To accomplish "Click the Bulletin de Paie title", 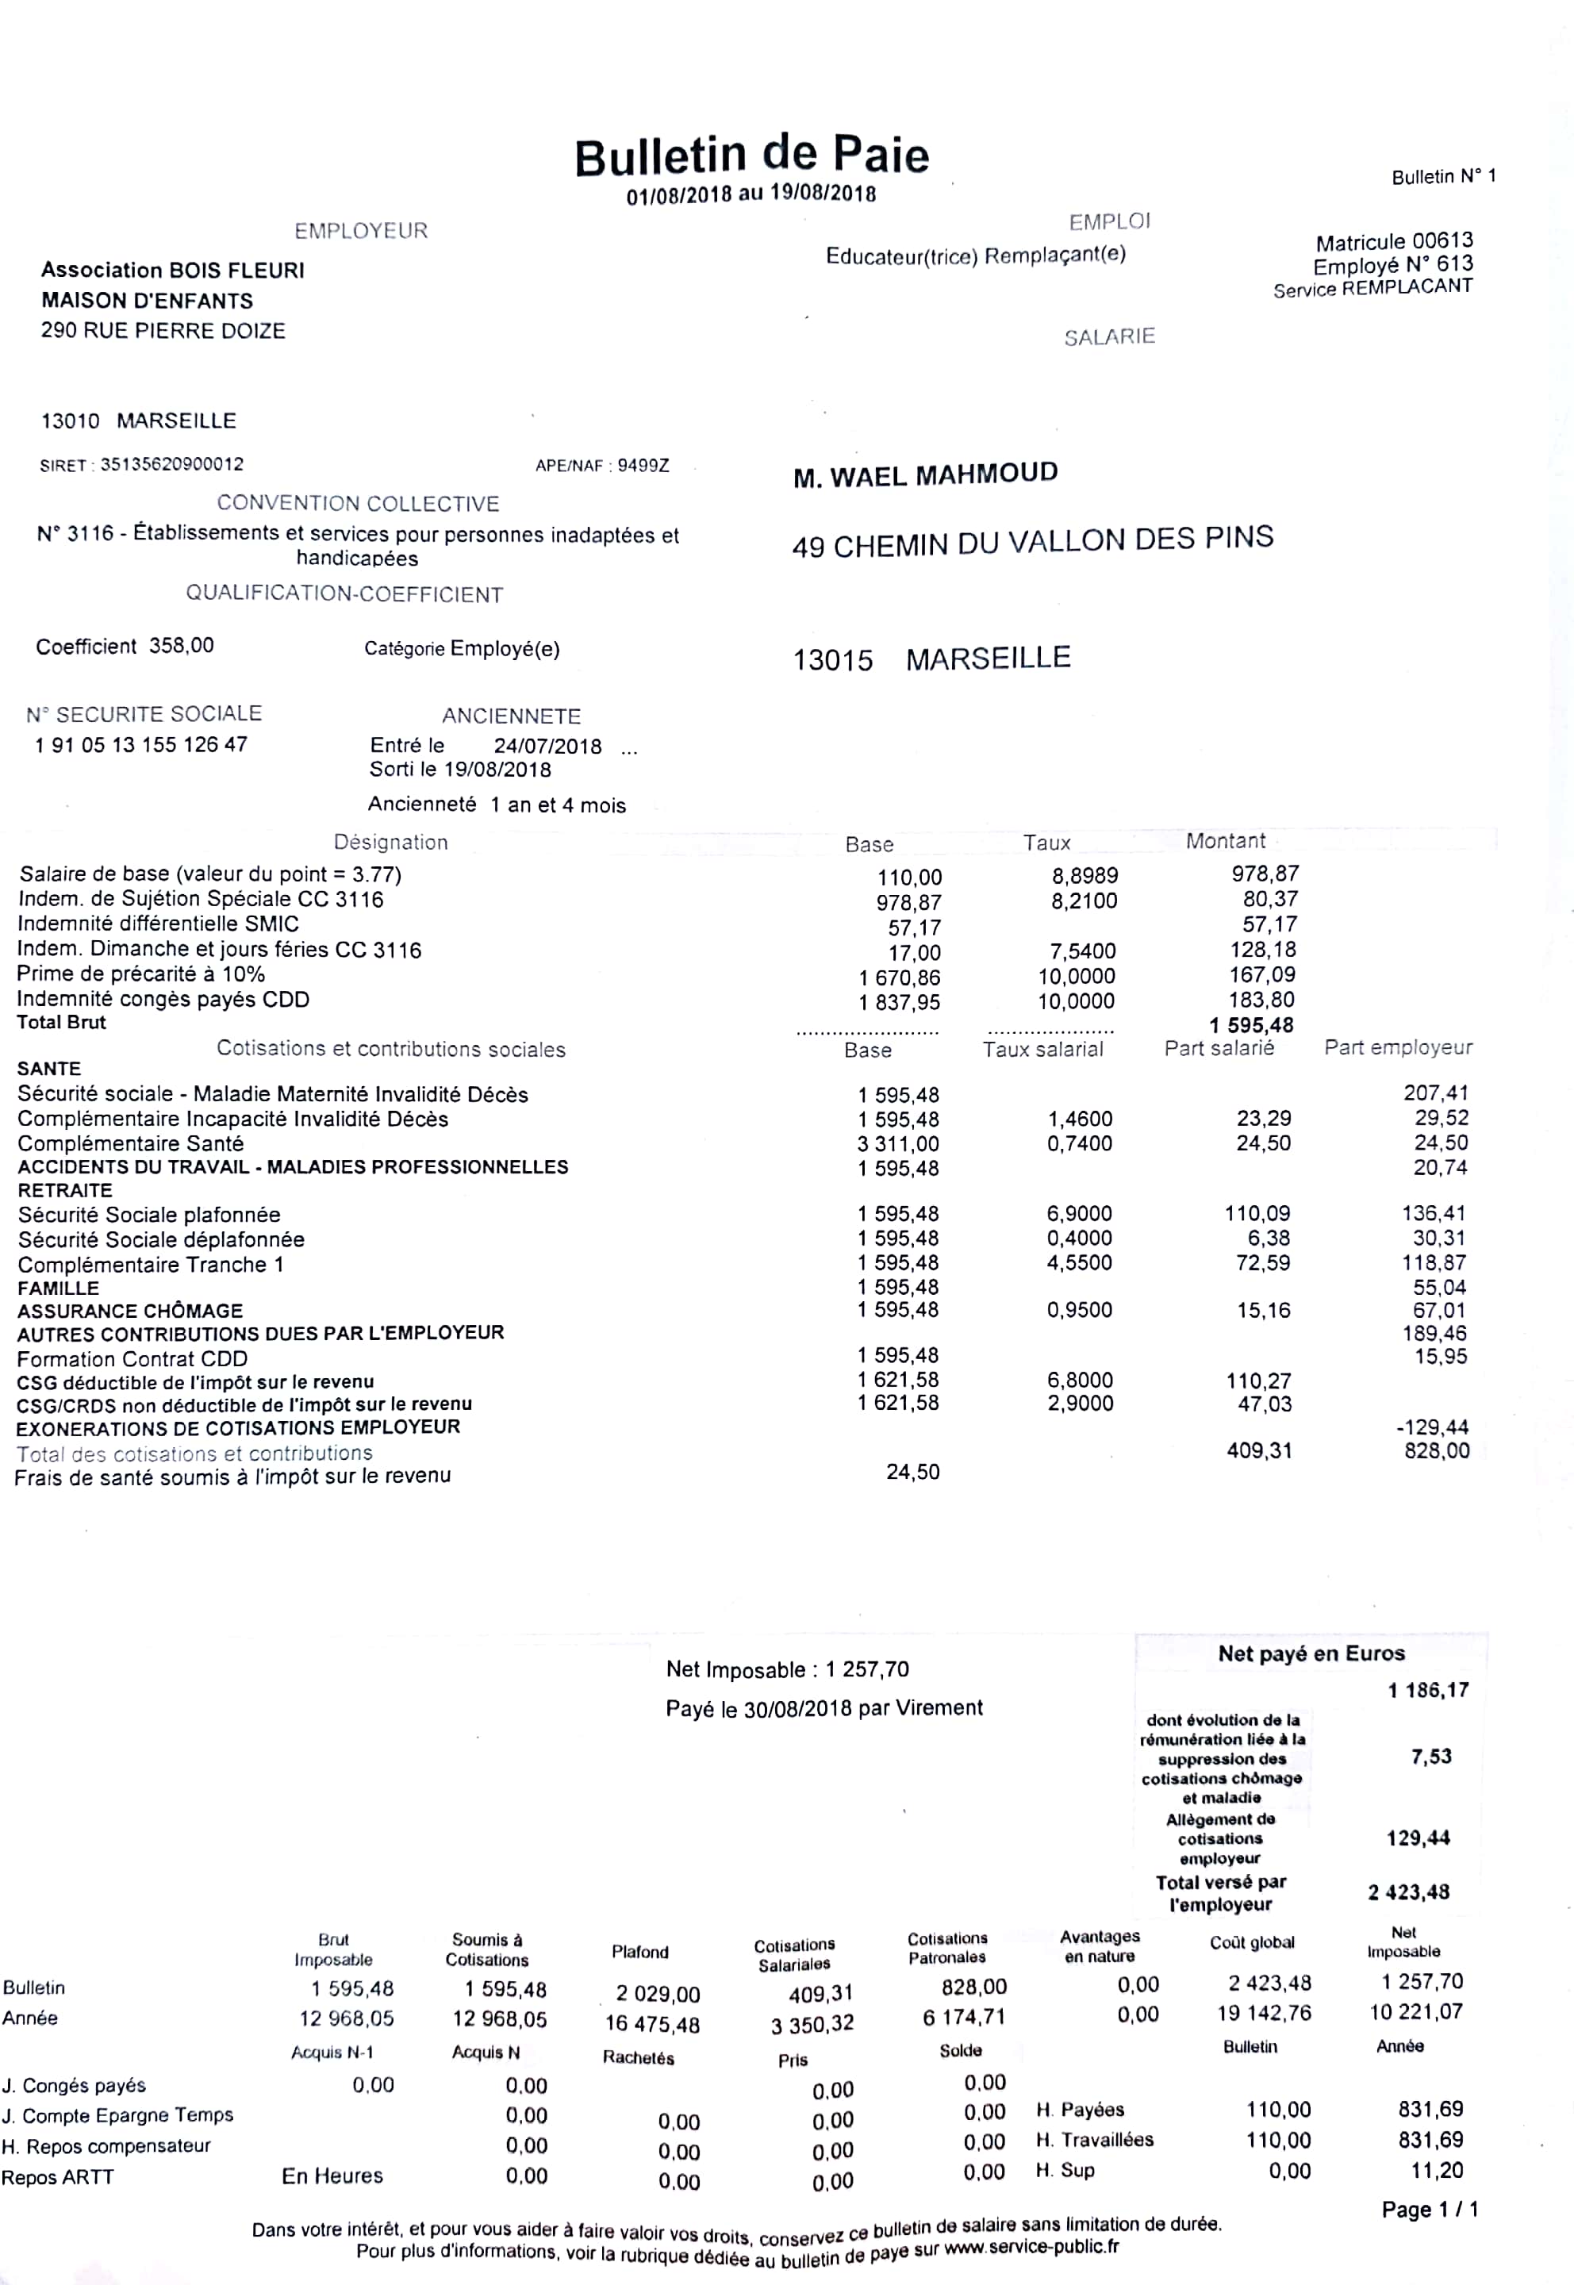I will (x=751, y=156).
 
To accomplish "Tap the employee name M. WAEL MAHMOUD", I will (x=925, y=475).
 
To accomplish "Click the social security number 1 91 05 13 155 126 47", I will (x=141, y=744).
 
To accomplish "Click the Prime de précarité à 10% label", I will (x=141, y=974).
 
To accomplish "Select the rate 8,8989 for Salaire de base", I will (x=1084, y=876).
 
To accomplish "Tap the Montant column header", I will (x=1225, y=841).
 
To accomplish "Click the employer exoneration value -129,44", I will (x=1439, y=1427).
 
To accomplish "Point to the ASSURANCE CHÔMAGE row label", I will (x=130, y=1311).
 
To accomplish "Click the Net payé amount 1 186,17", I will (x=1428, y=1690).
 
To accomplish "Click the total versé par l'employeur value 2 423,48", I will (x=1408, y=1891).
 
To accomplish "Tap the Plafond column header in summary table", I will (x=639, y=1952).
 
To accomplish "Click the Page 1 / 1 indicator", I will (x=1429, y=2209).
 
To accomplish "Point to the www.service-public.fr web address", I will (x=1031, y=2248).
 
